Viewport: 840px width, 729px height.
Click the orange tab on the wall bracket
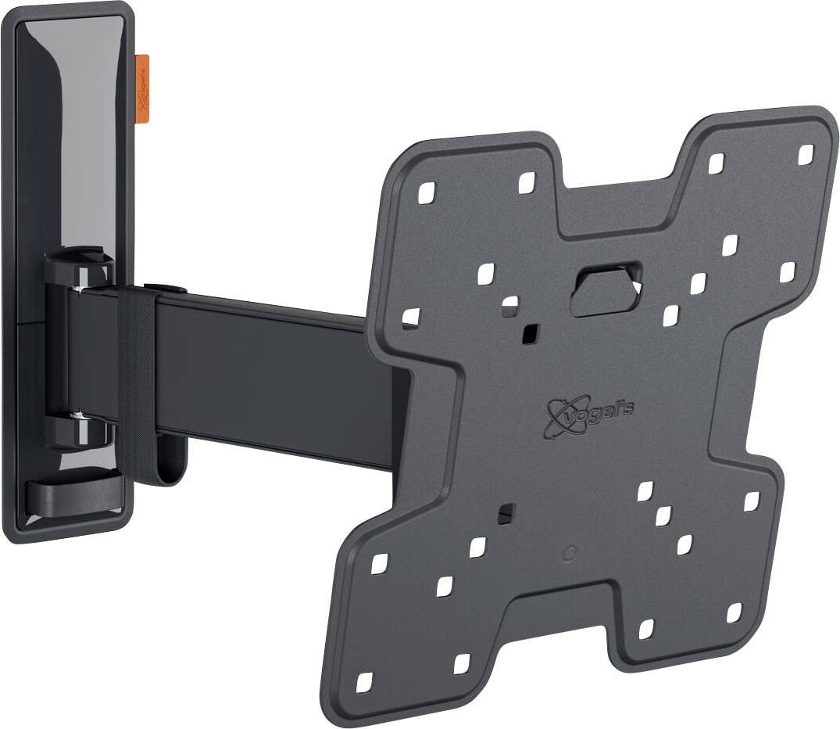[x=142, y=89]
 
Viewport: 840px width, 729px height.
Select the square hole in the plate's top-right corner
[x=806, y=154]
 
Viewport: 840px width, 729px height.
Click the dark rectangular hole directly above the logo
[x=530, y=333]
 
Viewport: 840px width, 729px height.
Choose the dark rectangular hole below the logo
[x=506, y=513]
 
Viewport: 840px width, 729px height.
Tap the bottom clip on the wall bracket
[x=74, y=493]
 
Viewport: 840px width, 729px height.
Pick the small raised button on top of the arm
[x=164, y=289]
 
